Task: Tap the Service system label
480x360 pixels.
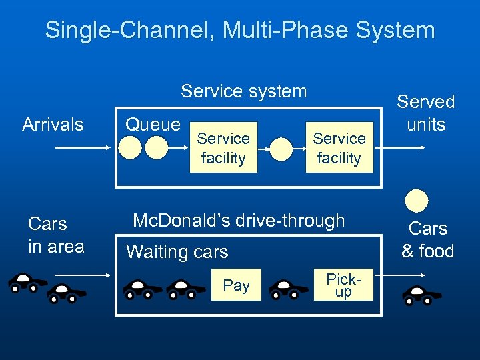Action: click(243, 91)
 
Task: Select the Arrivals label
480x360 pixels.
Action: click(53, 124)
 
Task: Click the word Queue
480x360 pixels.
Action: click(153, 124)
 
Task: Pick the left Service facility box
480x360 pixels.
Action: click(223, 149)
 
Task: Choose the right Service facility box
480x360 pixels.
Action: click(339, 149)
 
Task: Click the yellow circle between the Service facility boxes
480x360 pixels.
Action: click(281, 149)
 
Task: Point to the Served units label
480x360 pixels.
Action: click(425, 113)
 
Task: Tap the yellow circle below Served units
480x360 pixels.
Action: click(417, 201)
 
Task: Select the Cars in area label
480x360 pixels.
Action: click(56, 235)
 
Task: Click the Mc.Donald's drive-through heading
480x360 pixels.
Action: click(239, 220)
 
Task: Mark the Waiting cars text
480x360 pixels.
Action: click(177, 252)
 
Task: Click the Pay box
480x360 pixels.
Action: click(236, 286)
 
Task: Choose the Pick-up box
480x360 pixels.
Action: click(343, 286)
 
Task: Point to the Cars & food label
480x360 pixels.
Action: click(427, 239)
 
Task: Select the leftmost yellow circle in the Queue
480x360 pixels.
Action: click(130, 148)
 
